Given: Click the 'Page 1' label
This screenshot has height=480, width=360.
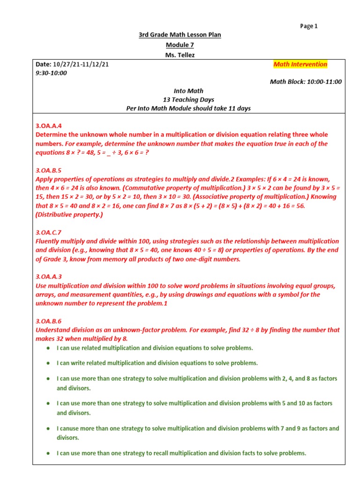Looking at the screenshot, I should (x=309, y=26).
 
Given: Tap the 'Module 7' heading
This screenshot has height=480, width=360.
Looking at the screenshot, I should (x=180, y=45).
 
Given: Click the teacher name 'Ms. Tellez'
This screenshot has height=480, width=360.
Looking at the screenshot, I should (x=180, y=55).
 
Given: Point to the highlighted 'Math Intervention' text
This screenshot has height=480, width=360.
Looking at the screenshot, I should (x=300, y=64).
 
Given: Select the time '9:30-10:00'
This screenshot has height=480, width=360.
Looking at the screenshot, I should (x=51, y=73).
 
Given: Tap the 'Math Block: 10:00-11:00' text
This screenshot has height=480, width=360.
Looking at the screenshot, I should (x=306, y=82).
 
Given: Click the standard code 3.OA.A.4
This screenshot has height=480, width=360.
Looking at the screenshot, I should (x=49, y=126).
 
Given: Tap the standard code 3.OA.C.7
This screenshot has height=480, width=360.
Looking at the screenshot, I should (x=49, y=232).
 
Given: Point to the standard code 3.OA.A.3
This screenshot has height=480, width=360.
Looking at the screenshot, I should (x=49, y=277).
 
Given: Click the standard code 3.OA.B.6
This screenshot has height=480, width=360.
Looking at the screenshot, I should (x=49, y=321).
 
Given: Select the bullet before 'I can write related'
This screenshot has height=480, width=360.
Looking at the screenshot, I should (x=49, y=363).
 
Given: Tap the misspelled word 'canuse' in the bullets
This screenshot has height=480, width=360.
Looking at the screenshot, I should (x=69, y=428).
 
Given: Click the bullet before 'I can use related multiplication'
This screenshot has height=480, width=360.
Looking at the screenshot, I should (x=49, y=348).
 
